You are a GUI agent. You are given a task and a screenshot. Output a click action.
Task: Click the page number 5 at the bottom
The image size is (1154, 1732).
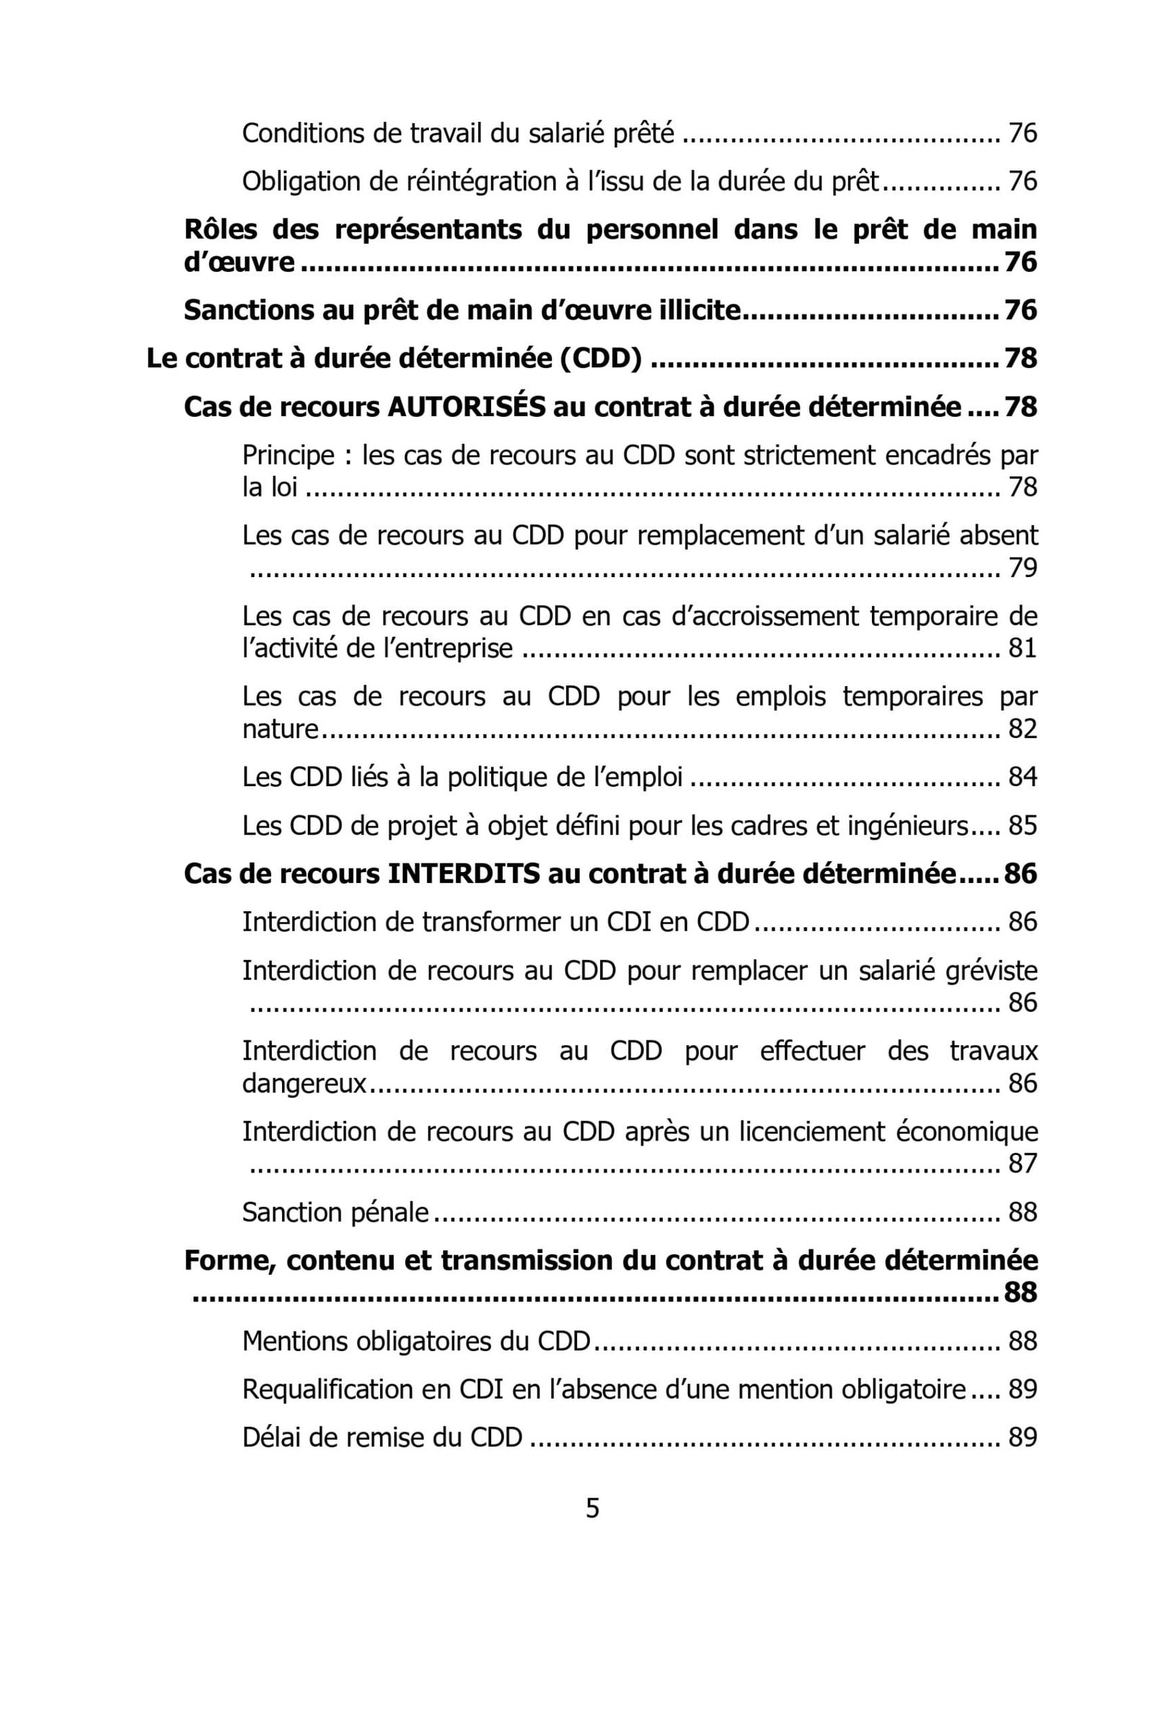click(x=591, y=1508)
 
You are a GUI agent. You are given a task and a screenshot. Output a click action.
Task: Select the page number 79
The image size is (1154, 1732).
click(x=1022, y=568)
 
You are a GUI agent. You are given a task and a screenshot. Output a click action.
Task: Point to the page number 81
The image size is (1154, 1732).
click(x=1022, y=648)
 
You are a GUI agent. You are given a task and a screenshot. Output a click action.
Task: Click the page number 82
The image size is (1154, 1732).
click(x=1022, y=729)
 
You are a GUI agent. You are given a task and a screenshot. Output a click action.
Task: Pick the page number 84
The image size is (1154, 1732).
click(x=1022, y=777)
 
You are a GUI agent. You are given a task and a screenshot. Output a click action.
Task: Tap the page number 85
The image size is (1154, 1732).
click(x=1022, y=825)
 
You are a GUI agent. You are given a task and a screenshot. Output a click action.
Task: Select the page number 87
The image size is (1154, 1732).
click(x=1022, y=1164)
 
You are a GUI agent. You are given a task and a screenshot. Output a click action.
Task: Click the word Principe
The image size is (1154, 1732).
click(x=288, y=456)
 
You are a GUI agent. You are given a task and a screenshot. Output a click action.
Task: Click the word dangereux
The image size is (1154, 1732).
click(x=304, y=1083)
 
